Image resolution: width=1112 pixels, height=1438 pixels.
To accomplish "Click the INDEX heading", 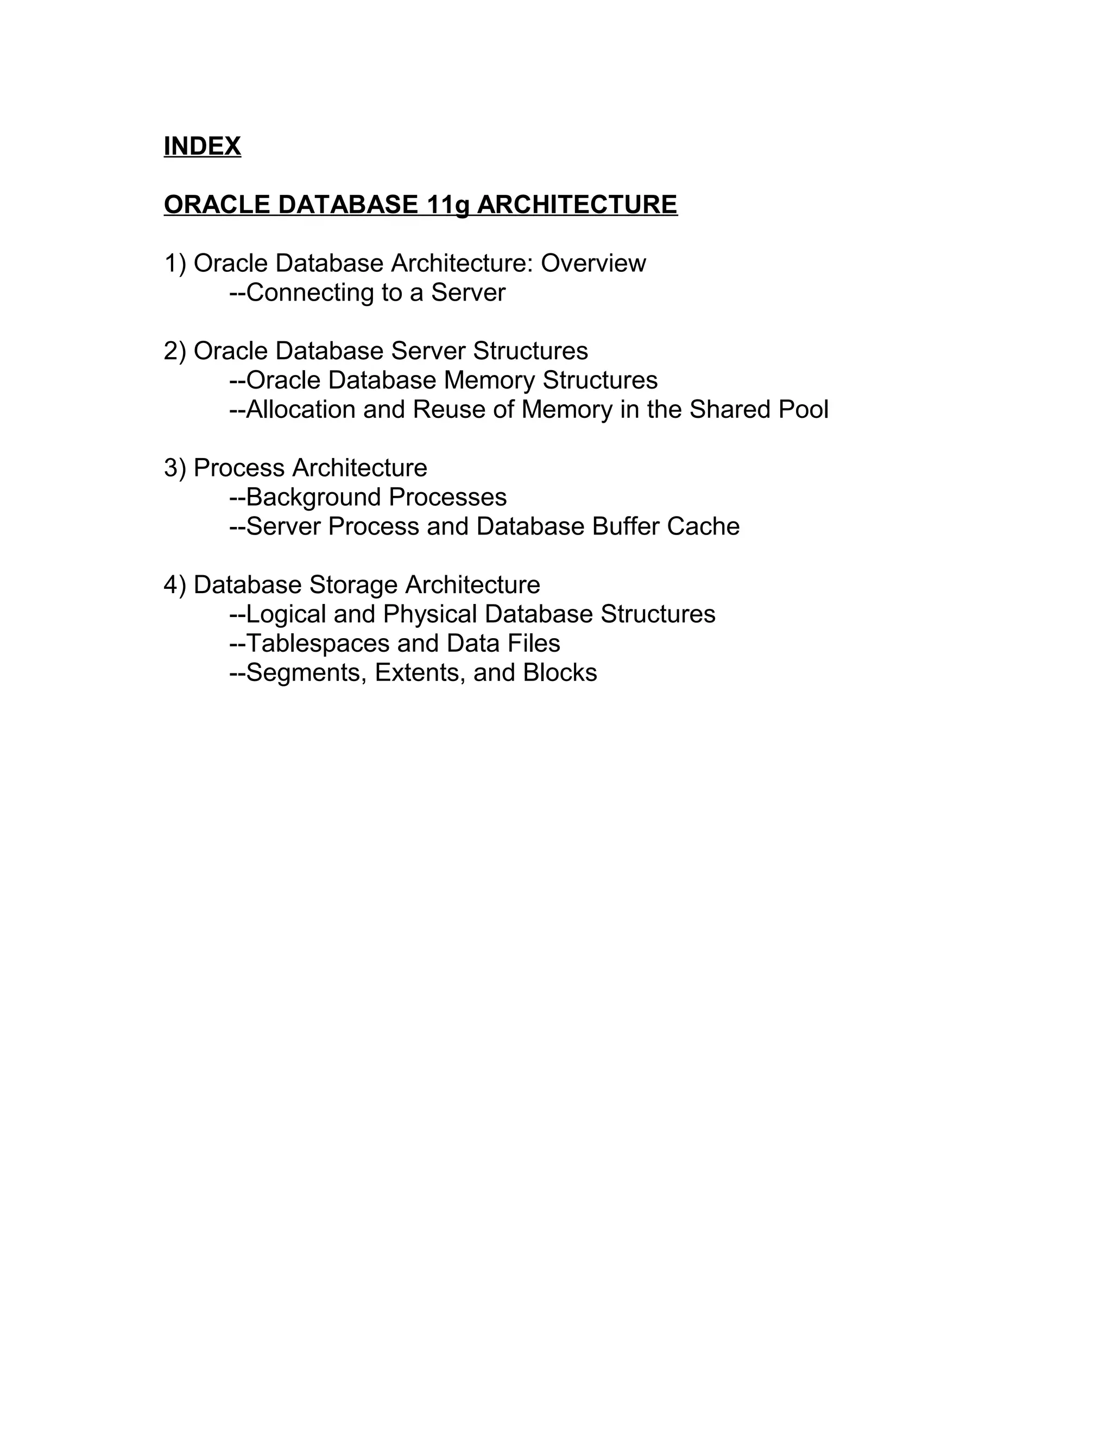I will pyautogui.click(x=202, y=146).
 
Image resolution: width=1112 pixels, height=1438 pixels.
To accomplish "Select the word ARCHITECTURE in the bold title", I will pyautogui.click(x=577, y=205).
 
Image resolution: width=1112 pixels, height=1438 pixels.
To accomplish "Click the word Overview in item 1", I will pyautogui.click(x=593, y=263).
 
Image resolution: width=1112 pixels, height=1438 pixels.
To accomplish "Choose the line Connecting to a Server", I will pyautogui.click(x=367, y=293).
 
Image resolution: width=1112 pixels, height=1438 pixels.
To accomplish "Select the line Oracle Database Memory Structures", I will pyautogui.click(x=444, y=380).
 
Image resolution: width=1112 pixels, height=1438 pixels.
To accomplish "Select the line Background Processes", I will pyautogui.click(x=368, y=497).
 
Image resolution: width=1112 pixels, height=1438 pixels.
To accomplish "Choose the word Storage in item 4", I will pyautogui.click(x=354, y=584).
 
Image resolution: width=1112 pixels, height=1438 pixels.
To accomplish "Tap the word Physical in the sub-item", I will pyautogui.click(x=429, y=614).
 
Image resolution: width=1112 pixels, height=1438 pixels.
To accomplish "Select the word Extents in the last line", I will pyautogui.click(x=419, y=673).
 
